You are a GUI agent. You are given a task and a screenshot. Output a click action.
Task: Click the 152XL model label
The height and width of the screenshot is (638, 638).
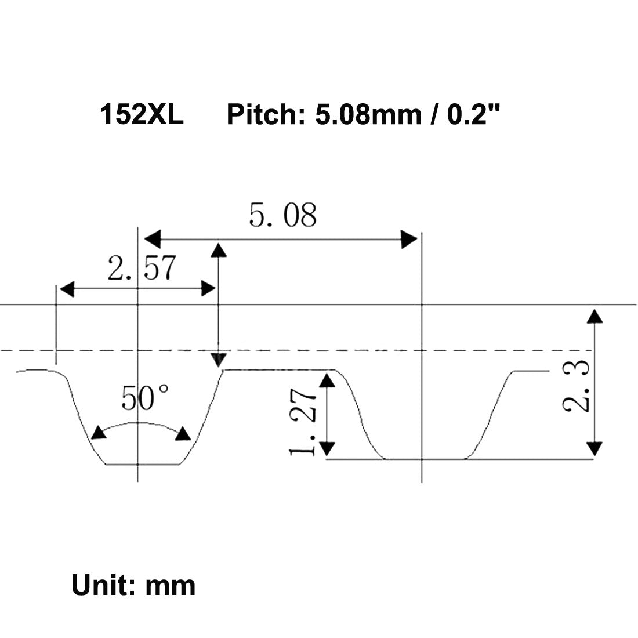pyautogui.click(x=142, y=115)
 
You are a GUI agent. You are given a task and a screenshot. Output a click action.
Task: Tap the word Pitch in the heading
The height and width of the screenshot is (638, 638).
pyautogui.click(x=262, y=115)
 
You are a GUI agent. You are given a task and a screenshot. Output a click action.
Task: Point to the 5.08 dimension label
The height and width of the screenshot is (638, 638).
pyautogui.click(x=283, y=215)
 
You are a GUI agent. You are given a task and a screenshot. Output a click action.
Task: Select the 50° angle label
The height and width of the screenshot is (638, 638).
pyautogui.click(x=146, y=398)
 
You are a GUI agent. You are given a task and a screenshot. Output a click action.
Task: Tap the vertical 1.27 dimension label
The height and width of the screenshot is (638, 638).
pyautogui.click(x=302, y=422)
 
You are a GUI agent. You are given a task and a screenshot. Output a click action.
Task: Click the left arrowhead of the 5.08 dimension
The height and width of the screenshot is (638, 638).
pyautogui.click(x=152, y=238)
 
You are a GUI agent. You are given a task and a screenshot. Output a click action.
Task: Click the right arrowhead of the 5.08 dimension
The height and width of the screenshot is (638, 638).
pyautogui.click(x=409, y=238)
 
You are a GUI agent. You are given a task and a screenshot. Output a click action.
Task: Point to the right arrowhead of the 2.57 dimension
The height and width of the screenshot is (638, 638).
pyautogui.click(x=208, y=288)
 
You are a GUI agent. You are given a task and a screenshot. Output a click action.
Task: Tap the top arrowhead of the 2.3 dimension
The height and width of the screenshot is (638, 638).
pyautogui.click(x=594, y=316)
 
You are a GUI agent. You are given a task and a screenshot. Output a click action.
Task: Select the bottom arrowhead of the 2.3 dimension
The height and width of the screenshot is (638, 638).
pyautogui.click(x=594, y=448)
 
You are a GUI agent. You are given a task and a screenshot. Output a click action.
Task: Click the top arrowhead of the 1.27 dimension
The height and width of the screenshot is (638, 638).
pyautogui.click(x=328, y=380)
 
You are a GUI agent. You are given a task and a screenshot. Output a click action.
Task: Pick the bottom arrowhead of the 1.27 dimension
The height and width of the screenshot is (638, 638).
pyautogui.click(x=328, y=448)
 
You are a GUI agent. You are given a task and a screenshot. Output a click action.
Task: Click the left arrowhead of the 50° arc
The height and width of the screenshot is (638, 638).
pyautogui.click(x=99, y=433)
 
